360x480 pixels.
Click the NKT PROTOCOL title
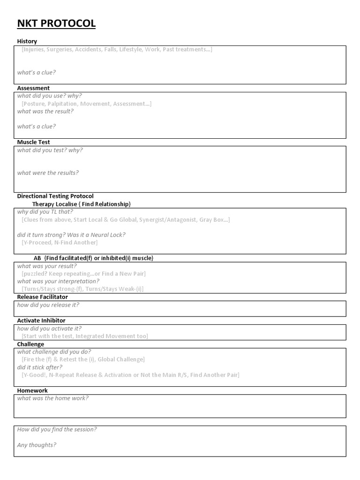pos(56,23)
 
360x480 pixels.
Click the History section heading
pos(27,41)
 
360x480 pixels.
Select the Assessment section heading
pos(33,88)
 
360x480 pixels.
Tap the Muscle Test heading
pos(34,142)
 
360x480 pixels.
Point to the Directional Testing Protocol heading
pos(55,196)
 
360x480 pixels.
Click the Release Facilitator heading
pos(43,297)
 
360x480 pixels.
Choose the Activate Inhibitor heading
pos(41,321)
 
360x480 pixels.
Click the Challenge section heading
pos(30,344)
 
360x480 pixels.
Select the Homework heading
pos(32,390)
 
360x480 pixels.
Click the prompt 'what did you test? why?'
pos(50,150)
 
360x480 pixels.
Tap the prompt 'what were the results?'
pos(48,173)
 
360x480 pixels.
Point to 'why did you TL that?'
pos(45,212)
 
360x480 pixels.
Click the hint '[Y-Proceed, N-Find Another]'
pos(60,242)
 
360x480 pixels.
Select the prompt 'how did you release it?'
pos(48,305)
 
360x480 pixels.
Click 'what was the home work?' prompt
pos(53,398)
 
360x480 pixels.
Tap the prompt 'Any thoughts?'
pos(37,445)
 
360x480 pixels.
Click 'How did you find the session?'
pos(57,429)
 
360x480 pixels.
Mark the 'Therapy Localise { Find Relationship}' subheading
pos(82,204)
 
